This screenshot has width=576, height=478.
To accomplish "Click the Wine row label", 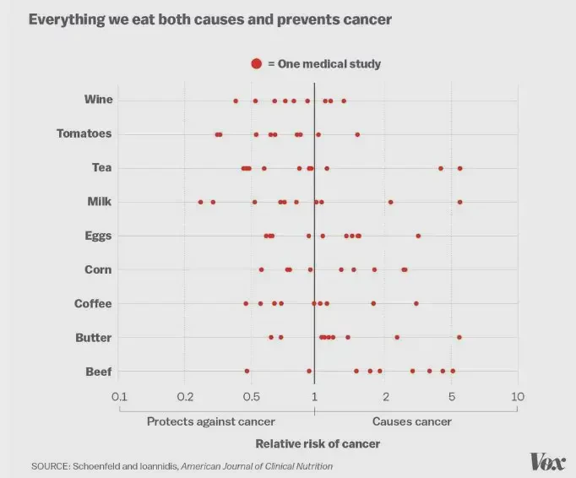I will click(x=99, y=100).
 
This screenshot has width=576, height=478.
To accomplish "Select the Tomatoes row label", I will click(x=84, y=133).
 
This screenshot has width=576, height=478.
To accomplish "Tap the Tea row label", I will click(x=102, y=167).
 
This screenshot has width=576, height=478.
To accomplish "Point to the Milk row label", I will click(x=100, y=202).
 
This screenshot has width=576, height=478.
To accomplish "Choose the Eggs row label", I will click(x=98, y=236).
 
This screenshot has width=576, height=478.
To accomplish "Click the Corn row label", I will click(x=99, y=269).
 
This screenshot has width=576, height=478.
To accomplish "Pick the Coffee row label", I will click(x=93, y=303).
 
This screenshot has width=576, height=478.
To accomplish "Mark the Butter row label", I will click(x=94, y=337).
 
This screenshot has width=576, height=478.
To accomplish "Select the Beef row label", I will click(x=99, y=372).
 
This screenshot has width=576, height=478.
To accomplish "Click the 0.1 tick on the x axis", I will click(x=119, y=396).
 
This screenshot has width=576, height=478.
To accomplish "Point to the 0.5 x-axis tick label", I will click(x=251, y=396).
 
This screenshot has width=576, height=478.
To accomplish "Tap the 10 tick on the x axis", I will click(x=518, y=396).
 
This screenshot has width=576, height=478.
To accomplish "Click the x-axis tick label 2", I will click(x=385, y=396).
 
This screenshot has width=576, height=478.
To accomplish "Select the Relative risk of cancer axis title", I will click(x=318, y=443).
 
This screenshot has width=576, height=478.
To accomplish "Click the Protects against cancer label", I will click(x=211, y=421).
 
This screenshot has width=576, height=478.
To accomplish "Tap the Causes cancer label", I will click(x=412, y=421).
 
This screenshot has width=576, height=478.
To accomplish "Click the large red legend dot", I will click(x=257, y=64).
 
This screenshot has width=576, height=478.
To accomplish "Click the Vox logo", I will click(x=547, y=461).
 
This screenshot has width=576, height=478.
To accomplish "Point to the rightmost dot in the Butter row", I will click(x=459, y=337).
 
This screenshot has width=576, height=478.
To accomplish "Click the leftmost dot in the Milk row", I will click(x=200, y=202).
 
